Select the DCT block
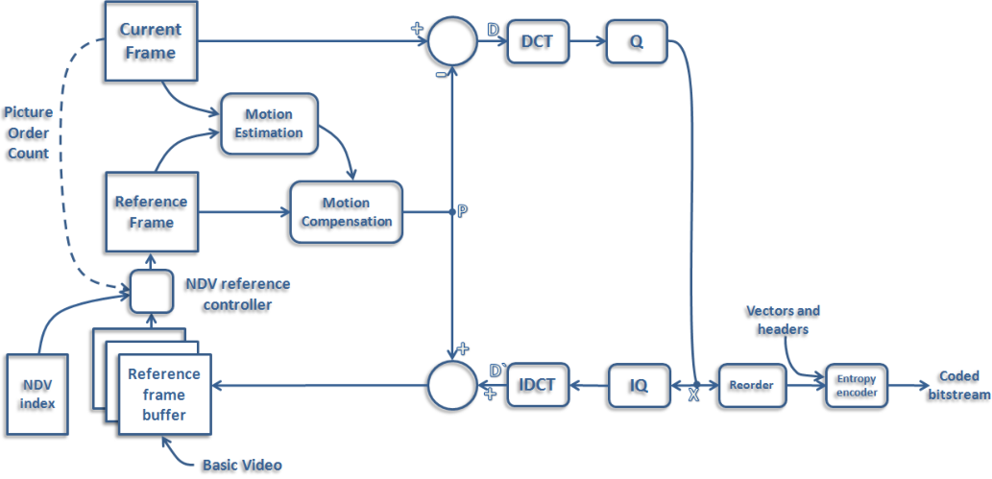pos(537,42)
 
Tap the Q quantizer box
pos(635,42)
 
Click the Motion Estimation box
pos(269,123)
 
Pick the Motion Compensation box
pos(344,212)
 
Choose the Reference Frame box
pos(151,212)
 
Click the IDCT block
pos(538,385)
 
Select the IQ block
pos(639,386)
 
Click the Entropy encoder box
pos(857,385)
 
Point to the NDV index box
pos(38,394)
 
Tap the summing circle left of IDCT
pos(450,386)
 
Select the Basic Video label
pos(241,465)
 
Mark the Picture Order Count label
pos(28,132)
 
